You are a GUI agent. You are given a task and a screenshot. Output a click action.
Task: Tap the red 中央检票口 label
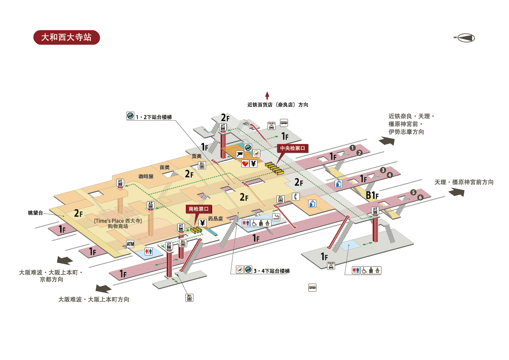point(292,149)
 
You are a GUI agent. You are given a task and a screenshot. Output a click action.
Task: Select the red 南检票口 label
point(199,209)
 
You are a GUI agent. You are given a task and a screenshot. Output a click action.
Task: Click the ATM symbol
point(130,244)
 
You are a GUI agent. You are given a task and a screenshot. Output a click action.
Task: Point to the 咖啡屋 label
point(146,176)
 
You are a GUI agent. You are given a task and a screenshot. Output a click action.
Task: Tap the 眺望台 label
point(36,212)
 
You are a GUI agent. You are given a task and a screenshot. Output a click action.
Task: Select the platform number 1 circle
point(352,148)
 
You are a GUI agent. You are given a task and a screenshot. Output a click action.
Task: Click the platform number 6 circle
point(420,197)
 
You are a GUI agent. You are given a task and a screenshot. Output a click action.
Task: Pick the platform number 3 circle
point(383,170)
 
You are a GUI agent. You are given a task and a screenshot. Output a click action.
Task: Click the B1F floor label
point(372,195)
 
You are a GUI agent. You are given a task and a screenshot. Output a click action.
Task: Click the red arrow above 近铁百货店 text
point(267,95)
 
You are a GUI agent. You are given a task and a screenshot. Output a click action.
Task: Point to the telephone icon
point(296,197)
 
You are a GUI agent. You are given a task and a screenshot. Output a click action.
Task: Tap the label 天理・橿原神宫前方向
point(464,182)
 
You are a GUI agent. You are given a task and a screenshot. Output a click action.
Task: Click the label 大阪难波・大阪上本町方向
point(94,299)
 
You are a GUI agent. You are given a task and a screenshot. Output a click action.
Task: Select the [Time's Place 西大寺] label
point(118,221)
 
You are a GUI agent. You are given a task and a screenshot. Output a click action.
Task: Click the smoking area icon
point(276,217)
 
